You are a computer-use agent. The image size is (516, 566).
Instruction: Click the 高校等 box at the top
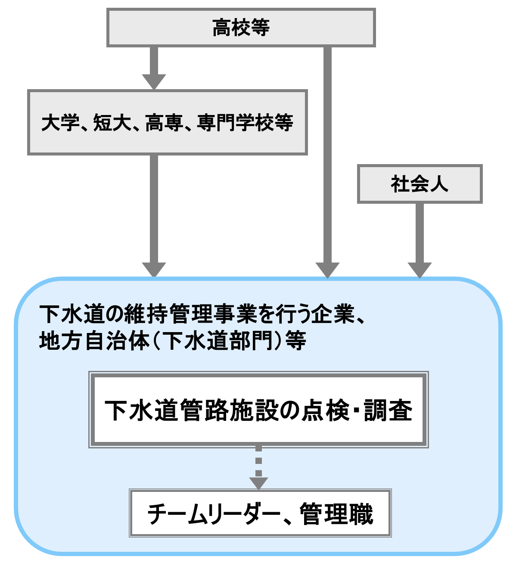(x=241, y=28)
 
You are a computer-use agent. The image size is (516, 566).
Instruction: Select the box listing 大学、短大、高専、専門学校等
(x=167, y=122)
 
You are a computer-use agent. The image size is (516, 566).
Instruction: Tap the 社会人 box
(x=420, y=184)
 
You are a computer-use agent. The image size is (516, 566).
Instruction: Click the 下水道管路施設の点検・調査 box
(x=258, y=410)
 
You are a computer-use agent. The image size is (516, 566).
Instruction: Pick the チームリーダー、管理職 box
(x=260, y=513)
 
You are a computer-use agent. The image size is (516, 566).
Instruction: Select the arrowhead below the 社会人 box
(x=420, y=270)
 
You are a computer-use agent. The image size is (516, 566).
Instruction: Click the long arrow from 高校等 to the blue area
(x=327, y=159)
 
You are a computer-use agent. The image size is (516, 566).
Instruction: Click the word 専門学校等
(x=245, y=123)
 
